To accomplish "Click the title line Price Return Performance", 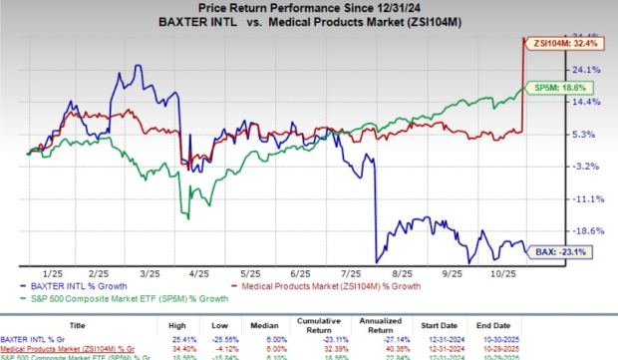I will point(301,8).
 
